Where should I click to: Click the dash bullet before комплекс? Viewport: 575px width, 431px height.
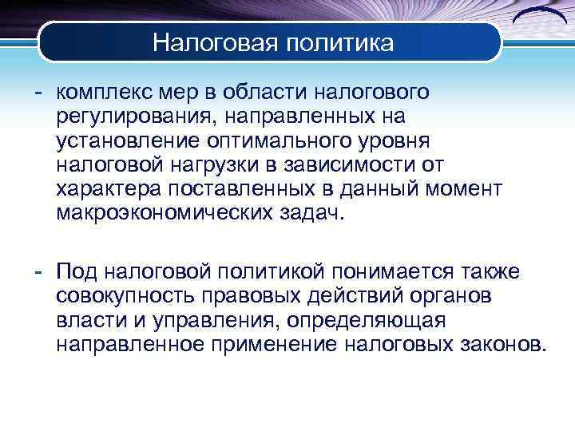(x=38, y=93)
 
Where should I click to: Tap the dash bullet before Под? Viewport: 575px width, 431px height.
(x=38, y=273)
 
